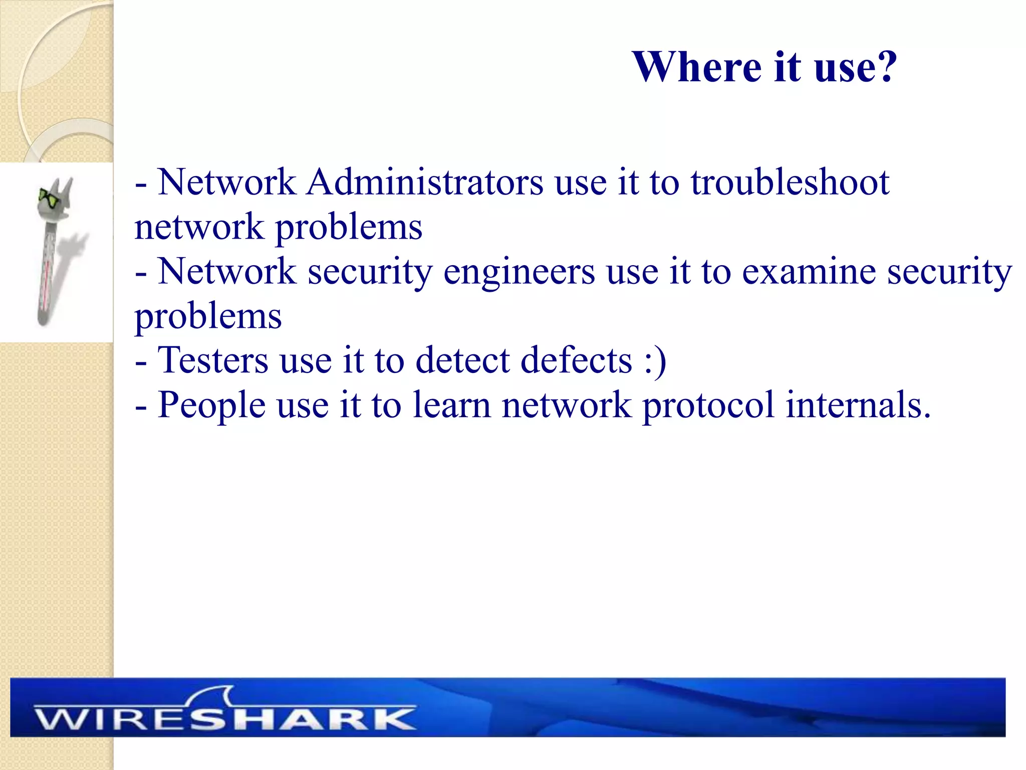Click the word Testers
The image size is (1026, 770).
point(213,360)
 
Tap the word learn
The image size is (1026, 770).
point(451,405)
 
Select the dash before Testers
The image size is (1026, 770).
point(141,362)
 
